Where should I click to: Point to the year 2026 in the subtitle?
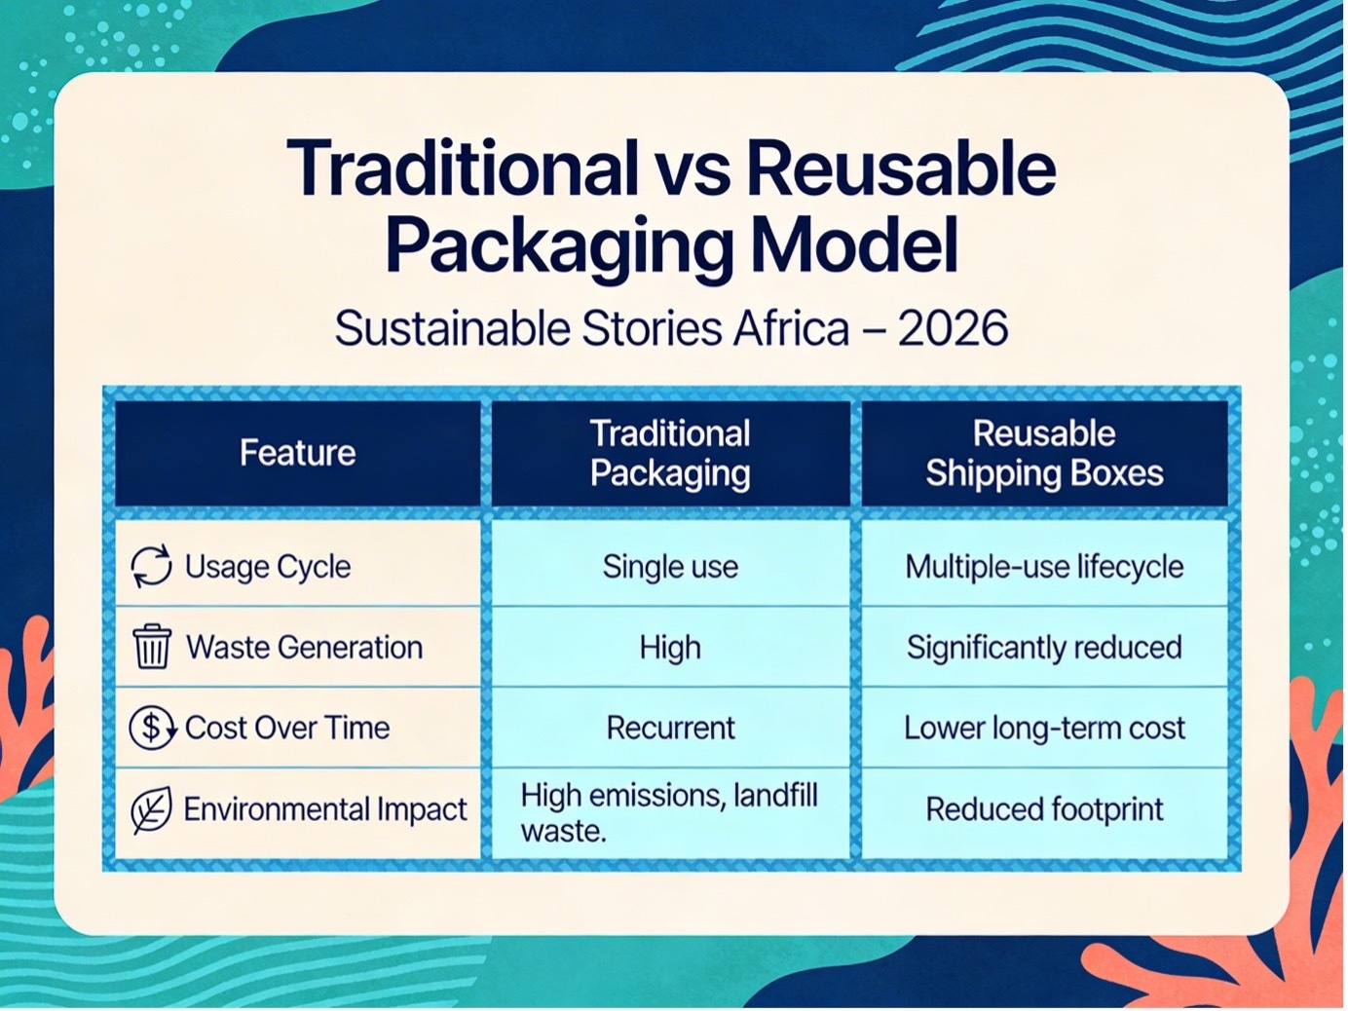point(953,328)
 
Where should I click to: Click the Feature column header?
point(297,453)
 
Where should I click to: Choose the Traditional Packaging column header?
point(670,454)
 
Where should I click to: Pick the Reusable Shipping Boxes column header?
point(1044,454)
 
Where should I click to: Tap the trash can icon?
point(152,647)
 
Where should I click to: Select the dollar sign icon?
point(152,728)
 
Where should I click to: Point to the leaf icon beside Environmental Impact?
point(151,809)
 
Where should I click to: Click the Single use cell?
point(670,566)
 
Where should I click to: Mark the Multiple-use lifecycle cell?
point(1044,566)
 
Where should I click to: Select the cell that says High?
point(670,647)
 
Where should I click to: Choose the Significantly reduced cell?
point(1044,647)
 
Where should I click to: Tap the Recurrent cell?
point(671,728)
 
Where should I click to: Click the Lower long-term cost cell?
point(1044,728)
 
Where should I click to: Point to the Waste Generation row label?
point(305,647)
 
